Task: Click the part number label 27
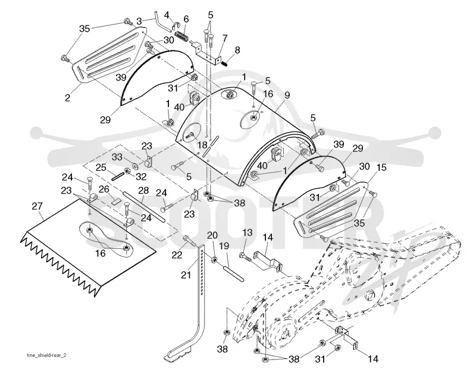(x=37, y=206)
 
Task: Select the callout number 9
(x=287, y=96)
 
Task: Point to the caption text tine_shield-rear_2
(x=46, y=356)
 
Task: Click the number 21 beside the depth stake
(x=186, y=275)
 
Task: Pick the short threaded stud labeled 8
(x=224, y=63)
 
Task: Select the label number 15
(x=381, y=167)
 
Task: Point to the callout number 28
(x=143, y=190)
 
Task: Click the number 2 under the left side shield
(x=67, y=98)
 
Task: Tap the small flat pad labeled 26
(x=115, y=201)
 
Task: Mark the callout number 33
(x=117, y=157)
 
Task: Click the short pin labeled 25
(x=118, y=176)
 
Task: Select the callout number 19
(x=224, y=246)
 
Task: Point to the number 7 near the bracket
(x=225, y=39)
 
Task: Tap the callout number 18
(x=202, y=145)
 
